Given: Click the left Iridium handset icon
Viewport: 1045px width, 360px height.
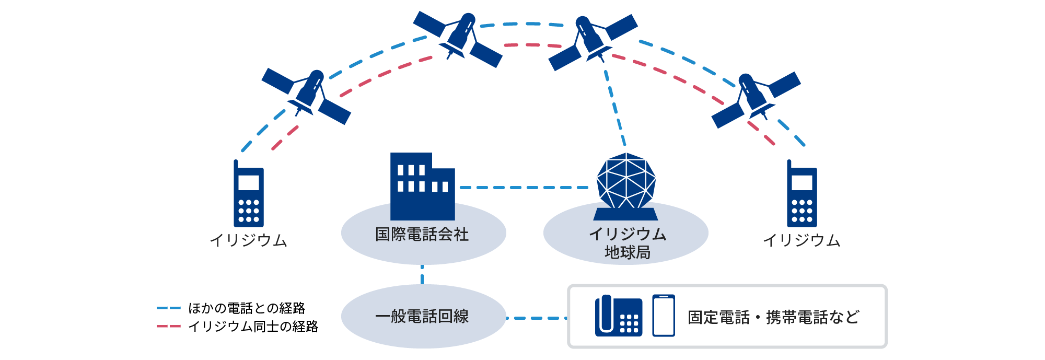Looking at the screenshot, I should click(249, 194).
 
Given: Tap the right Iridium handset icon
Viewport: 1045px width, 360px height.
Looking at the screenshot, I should click(802, 194).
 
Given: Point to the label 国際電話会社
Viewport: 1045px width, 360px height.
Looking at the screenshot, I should click(422, 234).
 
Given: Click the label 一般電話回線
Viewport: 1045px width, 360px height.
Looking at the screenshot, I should click(422, 317).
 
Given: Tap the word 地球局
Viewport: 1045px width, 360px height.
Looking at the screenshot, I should click(628, 253).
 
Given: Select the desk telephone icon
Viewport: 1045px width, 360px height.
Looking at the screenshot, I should click(619, 316).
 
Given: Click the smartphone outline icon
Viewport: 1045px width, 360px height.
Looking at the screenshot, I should click(664, 316).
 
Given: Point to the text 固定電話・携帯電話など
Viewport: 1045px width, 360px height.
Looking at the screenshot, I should click(773, 317).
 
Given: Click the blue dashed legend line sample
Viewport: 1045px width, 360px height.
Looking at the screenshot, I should click(168, 308).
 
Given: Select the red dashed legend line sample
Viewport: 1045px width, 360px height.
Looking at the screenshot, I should click(168, 327).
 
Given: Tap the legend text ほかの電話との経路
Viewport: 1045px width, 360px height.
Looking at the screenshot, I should click(247, 308).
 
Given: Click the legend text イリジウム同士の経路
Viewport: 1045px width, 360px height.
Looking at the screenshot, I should click(253, 327).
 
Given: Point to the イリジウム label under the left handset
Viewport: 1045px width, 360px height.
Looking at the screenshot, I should click(249, 240).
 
